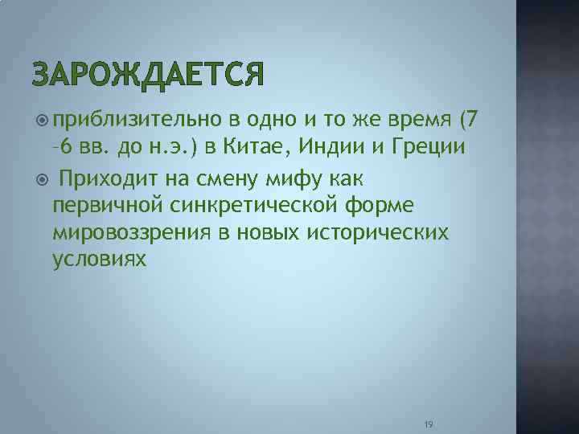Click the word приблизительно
coord(136,121)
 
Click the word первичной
coord(109,205)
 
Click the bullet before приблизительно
coord(42,121)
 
